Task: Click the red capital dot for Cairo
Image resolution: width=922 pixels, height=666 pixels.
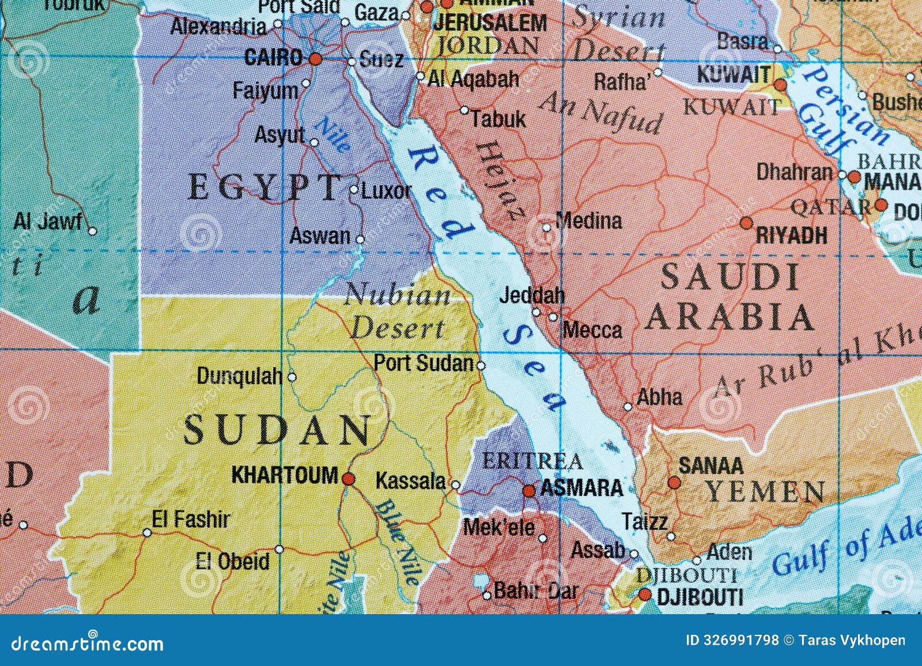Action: click(315, 59)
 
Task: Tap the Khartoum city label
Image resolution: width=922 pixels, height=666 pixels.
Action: click(284, 475)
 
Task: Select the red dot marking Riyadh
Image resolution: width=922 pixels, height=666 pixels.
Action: click(746, 223)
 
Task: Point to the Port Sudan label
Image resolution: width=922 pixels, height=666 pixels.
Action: click(424, 363)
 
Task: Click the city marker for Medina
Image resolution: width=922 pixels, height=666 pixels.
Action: click(547, 228)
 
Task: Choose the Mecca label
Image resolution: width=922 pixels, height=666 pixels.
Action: click(592, 330)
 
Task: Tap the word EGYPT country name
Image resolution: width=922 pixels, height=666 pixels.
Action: click(264, 188)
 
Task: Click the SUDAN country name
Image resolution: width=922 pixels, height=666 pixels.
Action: click(278, 430)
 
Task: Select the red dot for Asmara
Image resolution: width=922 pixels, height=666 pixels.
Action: click(529, 491)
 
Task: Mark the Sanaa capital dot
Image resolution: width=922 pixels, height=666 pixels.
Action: click(674, 483)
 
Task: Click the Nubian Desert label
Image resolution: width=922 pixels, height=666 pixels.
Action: click(398, 312)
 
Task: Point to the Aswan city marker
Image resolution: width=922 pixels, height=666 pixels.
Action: click(360, 239)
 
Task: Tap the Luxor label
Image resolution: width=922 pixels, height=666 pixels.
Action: click(386, 191)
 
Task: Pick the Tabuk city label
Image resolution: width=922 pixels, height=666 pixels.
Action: click(498, 119)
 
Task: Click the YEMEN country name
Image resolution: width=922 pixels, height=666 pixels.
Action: click(765, 493)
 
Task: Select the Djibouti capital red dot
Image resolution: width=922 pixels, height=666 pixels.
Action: click(645, 594)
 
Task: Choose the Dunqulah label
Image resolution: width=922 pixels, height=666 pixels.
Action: click(239, 376)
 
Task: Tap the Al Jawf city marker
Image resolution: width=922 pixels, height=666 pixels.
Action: click(92, 231)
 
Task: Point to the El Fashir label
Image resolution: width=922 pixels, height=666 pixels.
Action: click(190, 520)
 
